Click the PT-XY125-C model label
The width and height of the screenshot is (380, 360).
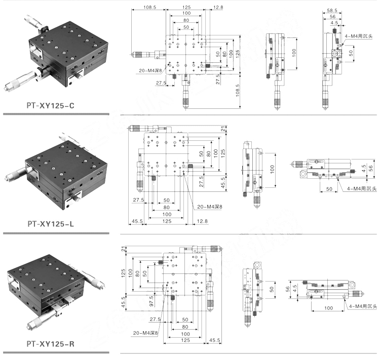pos(50,106)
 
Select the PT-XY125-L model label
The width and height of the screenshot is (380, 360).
pos(50,224)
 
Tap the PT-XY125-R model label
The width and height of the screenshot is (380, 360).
pos(50,344)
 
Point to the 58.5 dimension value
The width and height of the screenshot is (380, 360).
pos(332,10)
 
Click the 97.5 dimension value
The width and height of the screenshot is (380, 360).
pos(151,301)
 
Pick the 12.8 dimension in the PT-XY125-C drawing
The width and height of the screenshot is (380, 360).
pos(218,7)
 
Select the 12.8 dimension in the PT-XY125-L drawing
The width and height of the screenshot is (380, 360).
pos(202,221)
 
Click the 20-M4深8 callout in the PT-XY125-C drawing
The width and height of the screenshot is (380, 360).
pos(150,70)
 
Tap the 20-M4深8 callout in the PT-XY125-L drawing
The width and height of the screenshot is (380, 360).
pos(210,207)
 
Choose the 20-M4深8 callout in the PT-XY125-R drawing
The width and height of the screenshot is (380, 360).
pos(145,333)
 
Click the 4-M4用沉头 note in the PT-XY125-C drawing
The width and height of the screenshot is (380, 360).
pos(358,36)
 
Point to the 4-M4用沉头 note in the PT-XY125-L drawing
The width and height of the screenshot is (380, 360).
pos(362,188)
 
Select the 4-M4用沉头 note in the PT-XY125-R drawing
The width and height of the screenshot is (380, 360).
pos(363,306)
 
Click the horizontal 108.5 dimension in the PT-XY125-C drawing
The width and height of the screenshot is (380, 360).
pos(149,7)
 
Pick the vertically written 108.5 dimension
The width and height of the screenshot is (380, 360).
pos(237,91)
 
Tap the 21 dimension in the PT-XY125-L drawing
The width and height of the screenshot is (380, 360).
pos(223,129)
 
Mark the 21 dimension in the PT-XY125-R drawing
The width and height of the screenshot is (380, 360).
pos(124,249)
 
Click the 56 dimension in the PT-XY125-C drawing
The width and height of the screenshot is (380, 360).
pos(332,17)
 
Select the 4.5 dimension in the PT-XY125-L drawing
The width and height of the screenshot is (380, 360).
pos(363,169)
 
